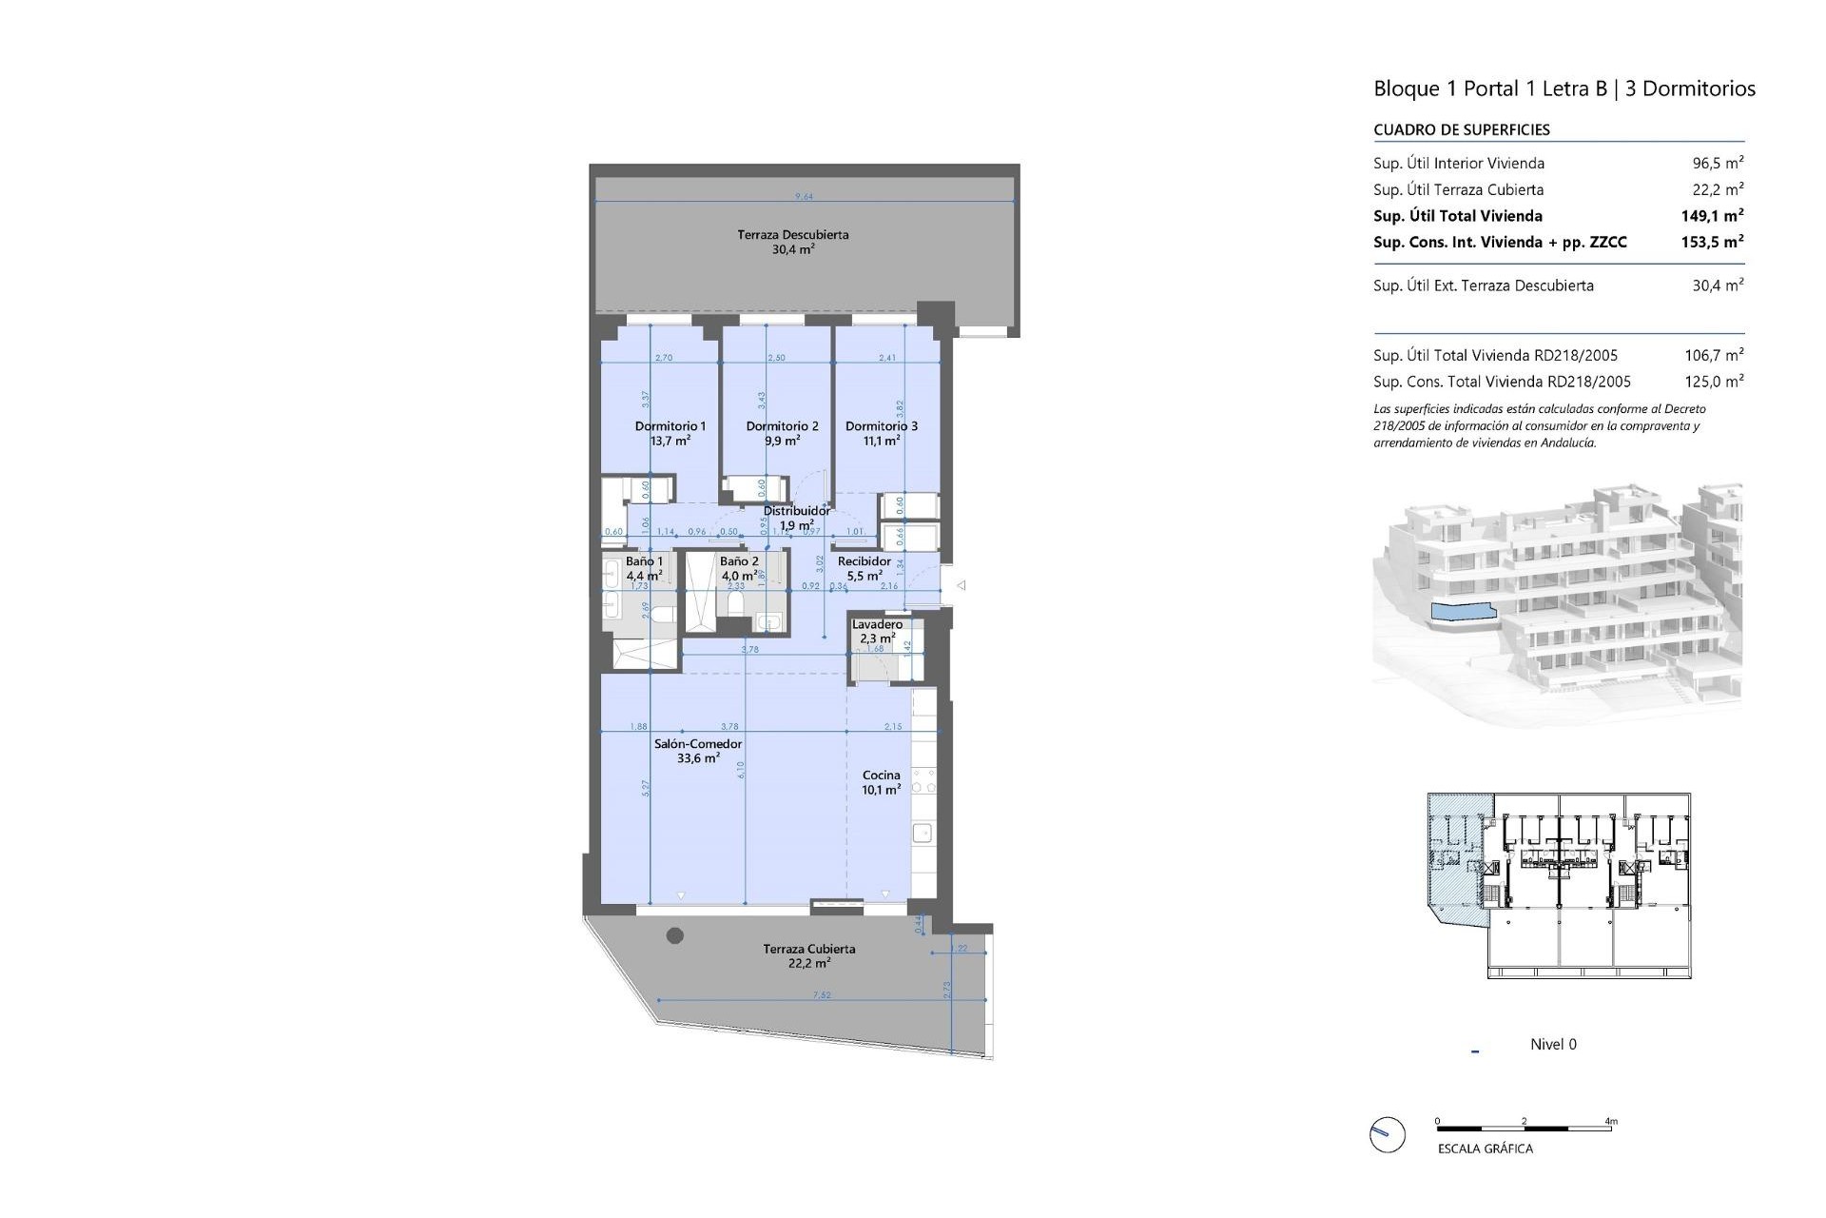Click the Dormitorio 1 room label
670,426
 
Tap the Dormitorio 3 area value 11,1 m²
881,442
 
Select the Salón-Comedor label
698,744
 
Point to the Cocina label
881,776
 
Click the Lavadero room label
877,624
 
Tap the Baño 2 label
739,561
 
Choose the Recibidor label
864,561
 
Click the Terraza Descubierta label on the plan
793,235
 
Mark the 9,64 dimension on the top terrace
805,197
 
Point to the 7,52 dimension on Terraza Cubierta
822,995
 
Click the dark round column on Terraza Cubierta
675,935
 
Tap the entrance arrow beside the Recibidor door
962,585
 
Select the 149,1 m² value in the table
1712,216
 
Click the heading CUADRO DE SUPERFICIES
1461,130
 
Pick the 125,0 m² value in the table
1714,382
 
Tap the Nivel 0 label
1552,1045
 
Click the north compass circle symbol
1388,1134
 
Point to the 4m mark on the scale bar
1611,1122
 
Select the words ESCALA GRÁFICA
1485,1149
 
